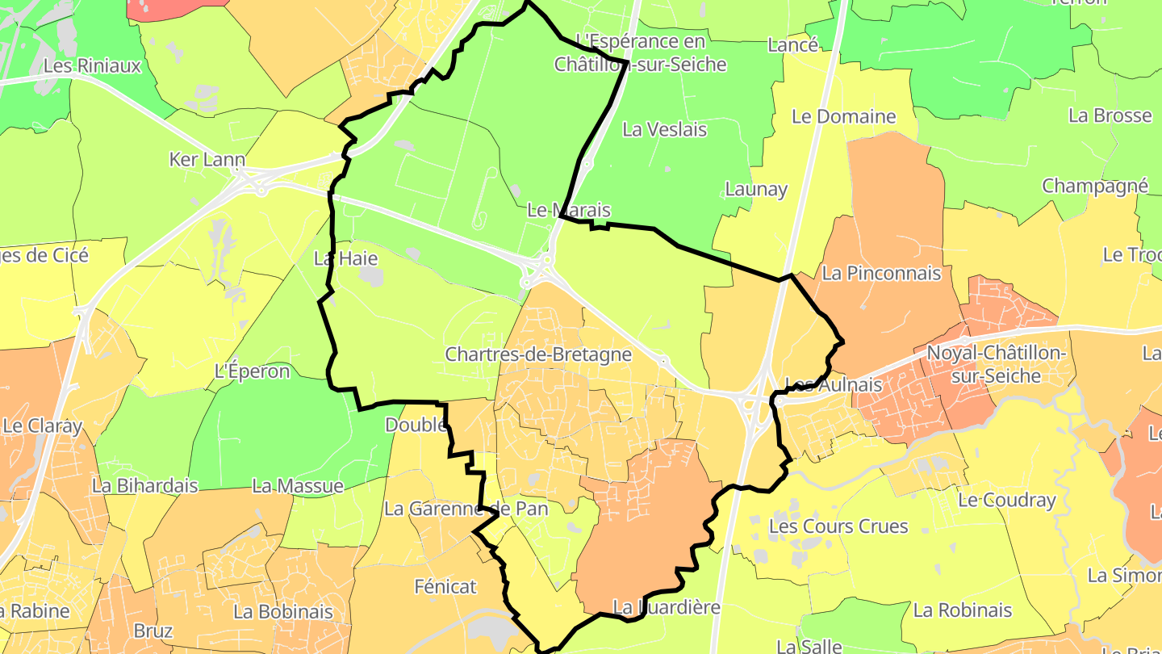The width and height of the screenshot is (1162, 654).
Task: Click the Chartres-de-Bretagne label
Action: pos(538,354)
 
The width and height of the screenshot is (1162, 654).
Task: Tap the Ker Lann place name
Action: pos(207,160)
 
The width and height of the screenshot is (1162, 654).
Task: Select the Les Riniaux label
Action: pos(92,66)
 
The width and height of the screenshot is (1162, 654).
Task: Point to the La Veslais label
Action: pos(664,129)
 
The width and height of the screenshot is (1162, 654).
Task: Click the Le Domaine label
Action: pos(843,116)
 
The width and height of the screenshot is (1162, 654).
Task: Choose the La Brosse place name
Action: pos(1110,115)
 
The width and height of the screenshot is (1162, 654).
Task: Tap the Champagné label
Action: pos(1094,186)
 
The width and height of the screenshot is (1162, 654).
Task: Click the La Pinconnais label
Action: pos(881,274)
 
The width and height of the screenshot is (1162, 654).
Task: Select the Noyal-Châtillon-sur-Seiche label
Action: pos(996,365)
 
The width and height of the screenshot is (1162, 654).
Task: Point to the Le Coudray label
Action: pos(1006,501)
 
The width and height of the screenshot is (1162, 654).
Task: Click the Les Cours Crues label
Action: pos(838,526)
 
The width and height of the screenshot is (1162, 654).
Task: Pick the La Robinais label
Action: pos(962,610)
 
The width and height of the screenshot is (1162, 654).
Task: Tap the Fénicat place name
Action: pos(445,587)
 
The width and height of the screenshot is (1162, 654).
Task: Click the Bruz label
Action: pos(153,631)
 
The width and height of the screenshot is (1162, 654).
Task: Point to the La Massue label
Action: pos(297,486)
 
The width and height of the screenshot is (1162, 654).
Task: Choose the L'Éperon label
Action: pos(252,371)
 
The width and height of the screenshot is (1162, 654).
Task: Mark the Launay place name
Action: pos(755,189)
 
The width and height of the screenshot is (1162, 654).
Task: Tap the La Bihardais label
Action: pos(144,486)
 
